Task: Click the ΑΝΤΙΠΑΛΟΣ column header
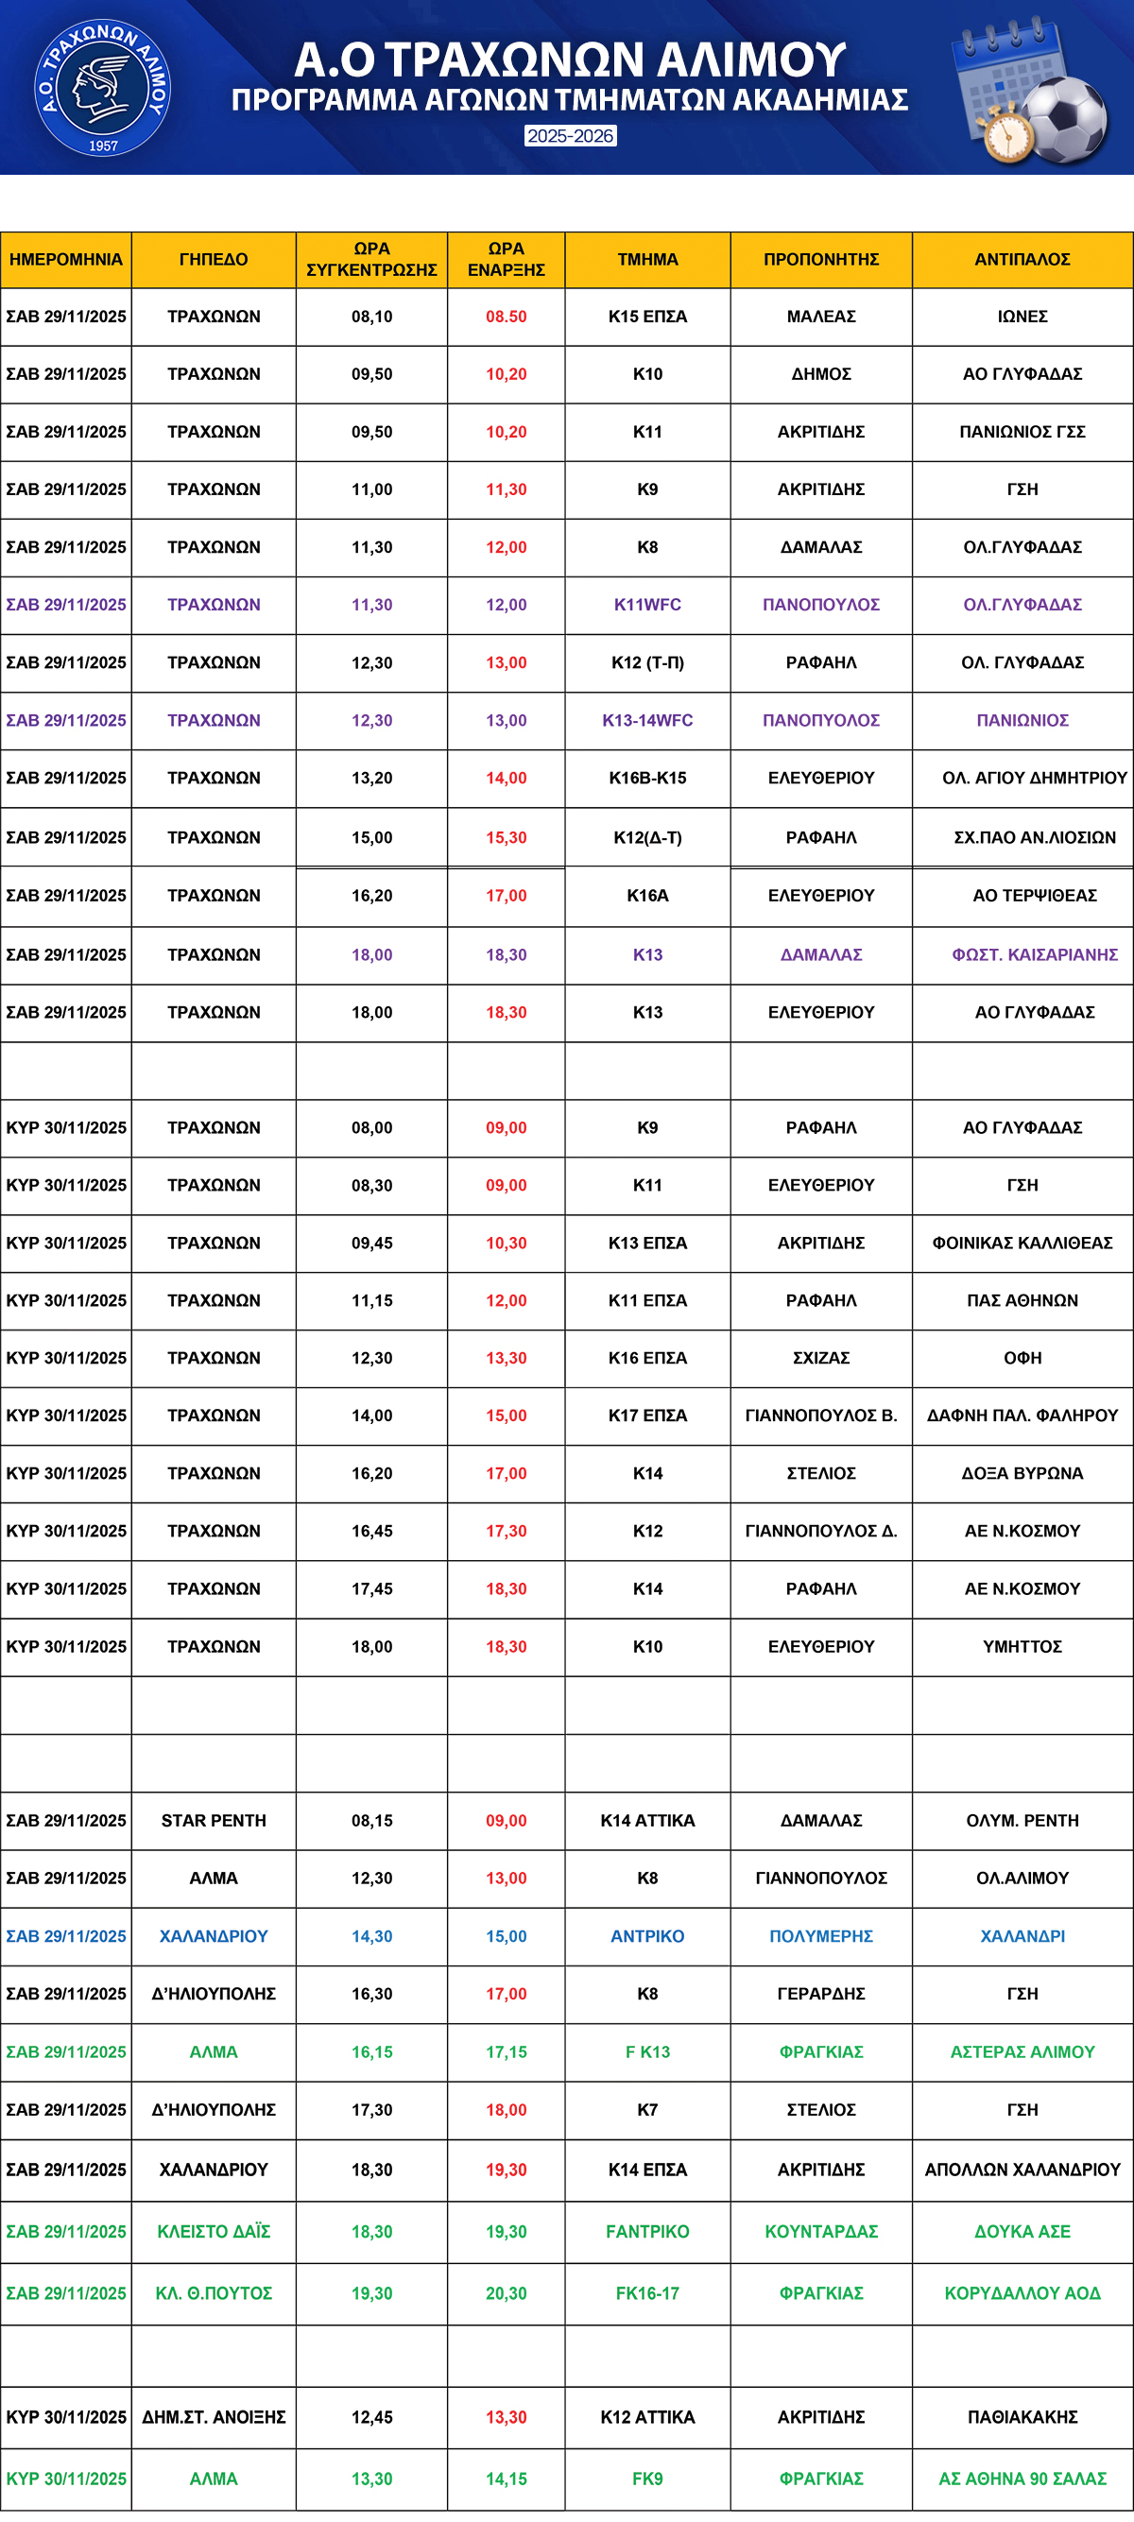[x=1022, y=260]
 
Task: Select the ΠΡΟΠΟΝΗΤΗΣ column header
[x=820, y=260]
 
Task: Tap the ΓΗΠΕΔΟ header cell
[x=214, y=260]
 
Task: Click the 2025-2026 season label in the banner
[x=570, y=136]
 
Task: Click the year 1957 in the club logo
[x=103, y=146]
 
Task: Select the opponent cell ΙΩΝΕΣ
[x=1022, y=317]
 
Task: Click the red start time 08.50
[x=506, y=317]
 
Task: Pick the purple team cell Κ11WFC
[x=647, y=605]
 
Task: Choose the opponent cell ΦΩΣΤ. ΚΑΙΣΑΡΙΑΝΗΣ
[x=1034, y=954]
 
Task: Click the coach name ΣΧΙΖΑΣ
[x=820, y=1358]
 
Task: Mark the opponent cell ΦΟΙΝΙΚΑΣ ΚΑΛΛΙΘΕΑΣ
[x=1022, y=1243]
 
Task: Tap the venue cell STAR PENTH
[x=214, y=1820]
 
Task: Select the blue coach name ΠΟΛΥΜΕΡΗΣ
[x=820, y=1935]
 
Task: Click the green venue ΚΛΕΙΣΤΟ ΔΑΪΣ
[x=214, y=2231]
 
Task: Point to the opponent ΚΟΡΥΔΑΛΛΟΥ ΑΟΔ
[x=1022, y=2293]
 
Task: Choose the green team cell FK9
[x=647, y=2478]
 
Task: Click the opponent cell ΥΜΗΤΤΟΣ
[x=1022, y=1647]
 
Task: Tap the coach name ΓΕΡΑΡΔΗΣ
[x=820, y=1994]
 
